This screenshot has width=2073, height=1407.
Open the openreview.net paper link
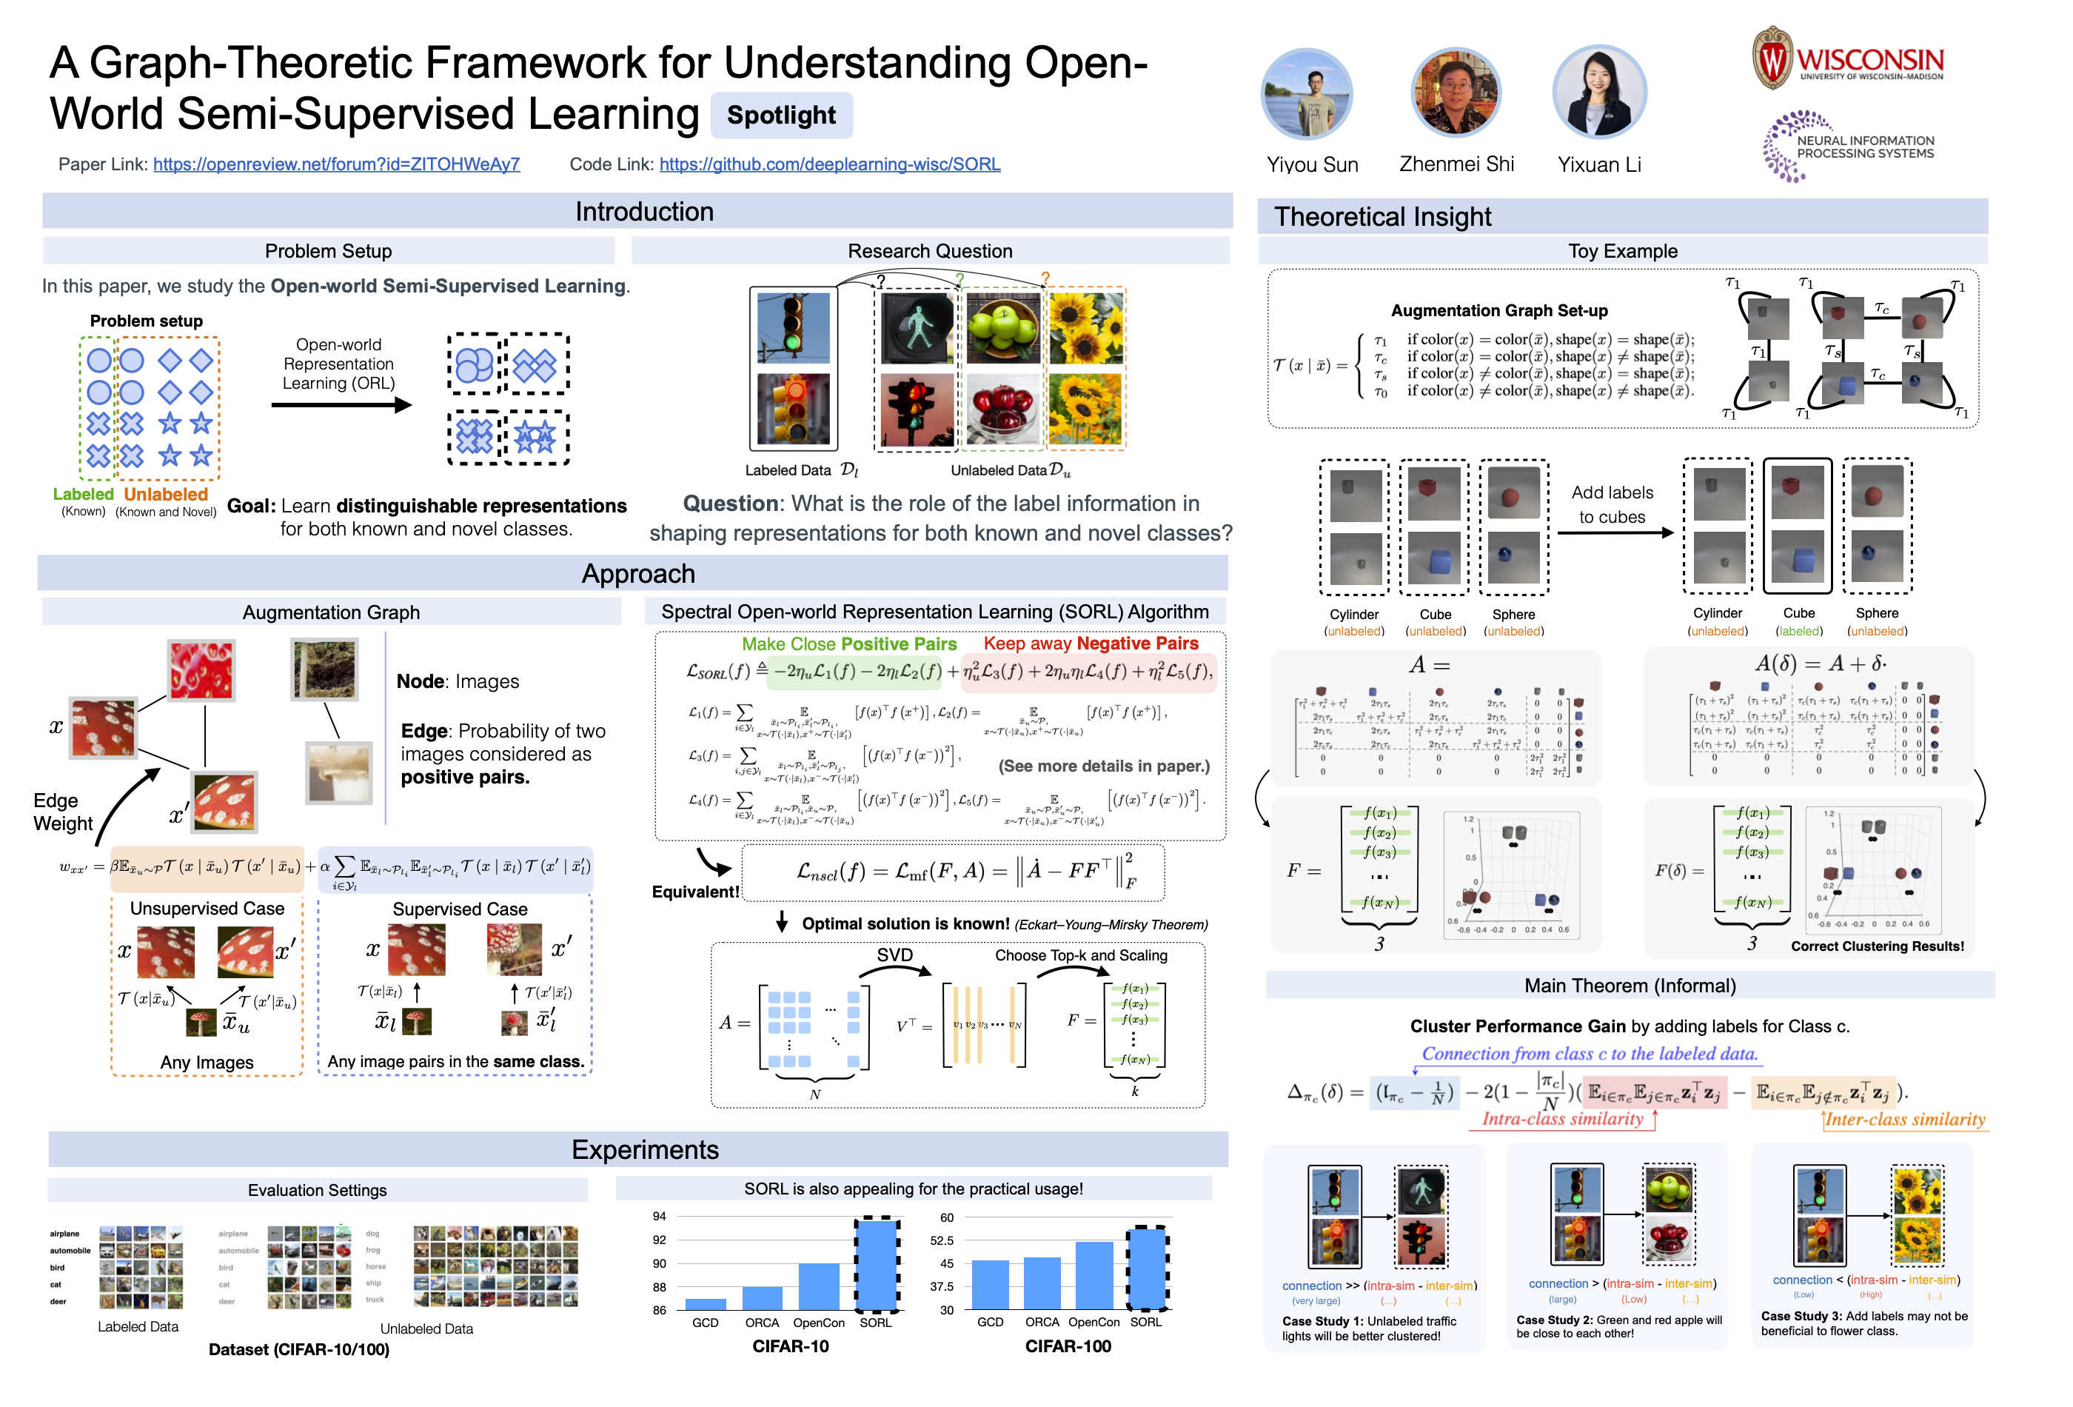click(x=336, y=164)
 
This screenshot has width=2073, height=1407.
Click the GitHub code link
click(x=828, y=164)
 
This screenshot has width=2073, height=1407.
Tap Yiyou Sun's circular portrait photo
click(x=1306, y=94)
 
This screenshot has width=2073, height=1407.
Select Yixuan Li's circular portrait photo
click(x=1598, y=92)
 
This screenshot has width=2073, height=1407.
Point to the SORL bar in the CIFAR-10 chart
click(x=876, y=1264)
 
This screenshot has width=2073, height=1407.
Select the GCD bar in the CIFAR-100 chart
click(x=990, y=1285)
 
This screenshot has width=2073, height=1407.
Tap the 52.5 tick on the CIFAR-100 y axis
click(x=941, y=1241)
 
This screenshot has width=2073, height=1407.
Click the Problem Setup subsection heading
click(x=328, y=252)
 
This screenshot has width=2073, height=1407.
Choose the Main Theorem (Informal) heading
click(x=1630, y=986)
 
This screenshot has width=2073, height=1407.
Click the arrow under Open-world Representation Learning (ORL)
click(x=341, y=405)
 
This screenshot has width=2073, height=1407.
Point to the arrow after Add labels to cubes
click(x=1615, y=532)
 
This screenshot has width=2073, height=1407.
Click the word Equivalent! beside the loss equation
click(x=695, y=892)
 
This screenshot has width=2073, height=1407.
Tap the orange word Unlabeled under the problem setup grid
click(x=166, y=494)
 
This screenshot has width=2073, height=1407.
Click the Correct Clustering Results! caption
click(x=1877, y=946)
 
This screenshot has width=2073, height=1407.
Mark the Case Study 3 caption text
click(x=1863, y=1323)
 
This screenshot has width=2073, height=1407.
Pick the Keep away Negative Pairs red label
click(x=1090, y=644)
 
